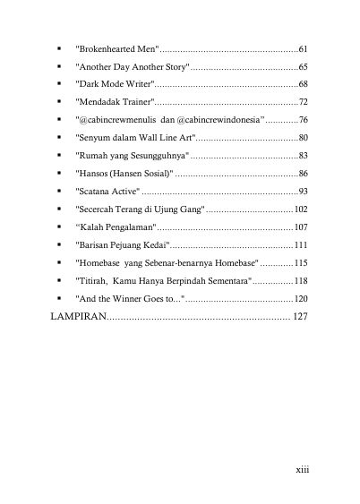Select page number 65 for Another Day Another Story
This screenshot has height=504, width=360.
coord(303,66)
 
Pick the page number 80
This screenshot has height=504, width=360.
coord(303,138)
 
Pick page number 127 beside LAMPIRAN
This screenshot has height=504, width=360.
coord(300,317)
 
